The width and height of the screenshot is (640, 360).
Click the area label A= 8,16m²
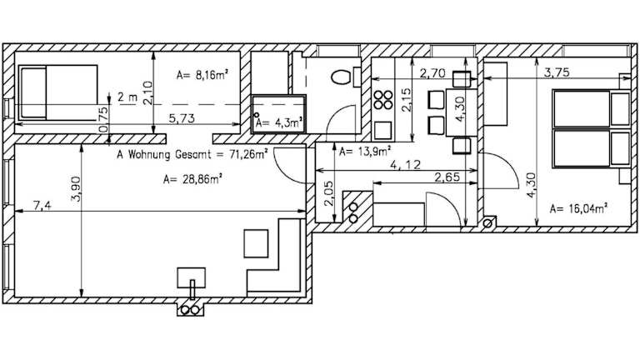(x=202, y=75)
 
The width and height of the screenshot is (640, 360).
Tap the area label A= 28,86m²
(x=192, y=179)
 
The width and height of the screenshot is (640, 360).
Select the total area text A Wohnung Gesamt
(x=163, y=155)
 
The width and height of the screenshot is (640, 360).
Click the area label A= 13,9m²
(x=365, y=152)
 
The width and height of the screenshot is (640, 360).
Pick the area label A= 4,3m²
(x=279, y=122)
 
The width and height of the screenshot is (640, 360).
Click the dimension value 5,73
(x=182, y=119)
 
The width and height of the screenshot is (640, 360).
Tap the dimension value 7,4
(x=42, y=206)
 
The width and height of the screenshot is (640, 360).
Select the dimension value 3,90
(x=77, y=190)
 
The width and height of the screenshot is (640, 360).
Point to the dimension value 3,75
(x=557, y=72)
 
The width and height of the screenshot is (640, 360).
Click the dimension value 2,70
(x=432, y=73)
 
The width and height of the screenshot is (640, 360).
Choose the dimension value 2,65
(x=447, y=177)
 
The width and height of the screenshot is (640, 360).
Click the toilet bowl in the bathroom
(x=341, y=77)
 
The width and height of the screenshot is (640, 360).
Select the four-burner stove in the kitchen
(x=383, y=100)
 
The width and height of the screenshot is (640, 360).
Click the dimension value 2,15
(x=406, y=100)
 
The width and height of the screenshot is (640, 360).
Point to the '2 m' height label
(x=127, y=97)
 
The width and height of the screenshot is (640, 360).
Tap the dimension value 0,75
(x=103, y=120)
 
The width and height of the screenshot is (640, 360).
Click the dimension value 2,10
(x=147, y=93)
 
